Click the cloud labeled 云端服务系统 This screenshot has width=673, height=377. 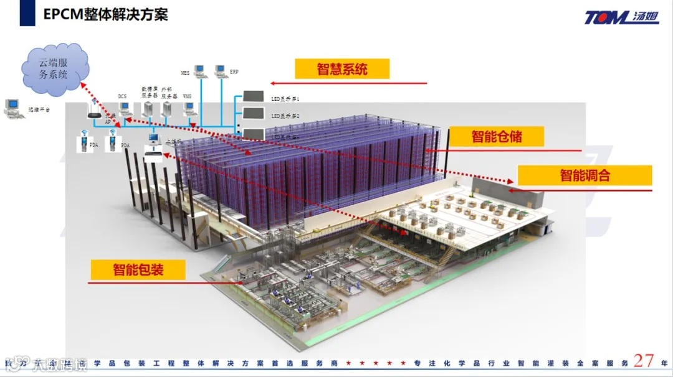54,68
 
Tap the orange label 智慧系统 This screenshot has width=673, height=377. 342,68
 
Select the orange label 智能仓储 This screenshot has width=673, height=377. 497,136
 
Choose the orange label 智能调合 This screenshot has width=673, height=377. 585,175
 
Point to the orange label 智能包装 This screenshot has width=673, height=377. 138,269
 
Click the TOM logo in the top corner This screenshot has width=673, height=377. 621,17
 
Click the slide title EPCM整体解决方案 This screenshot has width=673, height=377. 106,14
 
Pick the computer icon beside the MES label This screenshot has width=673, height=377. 199,71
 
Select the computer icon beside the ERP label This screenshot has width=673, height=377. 220,71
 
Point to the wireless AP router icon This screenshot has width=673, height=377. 94,111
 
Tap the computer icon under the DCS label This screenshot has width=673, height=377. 125,109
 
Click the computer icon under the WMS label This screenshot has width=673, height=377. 190,109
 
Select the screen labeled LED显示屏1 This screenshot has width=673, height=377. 253,97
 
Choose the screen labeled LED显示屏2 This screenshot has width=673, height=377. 253,114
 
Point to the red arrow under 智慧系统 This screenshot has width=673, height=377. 349,83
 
